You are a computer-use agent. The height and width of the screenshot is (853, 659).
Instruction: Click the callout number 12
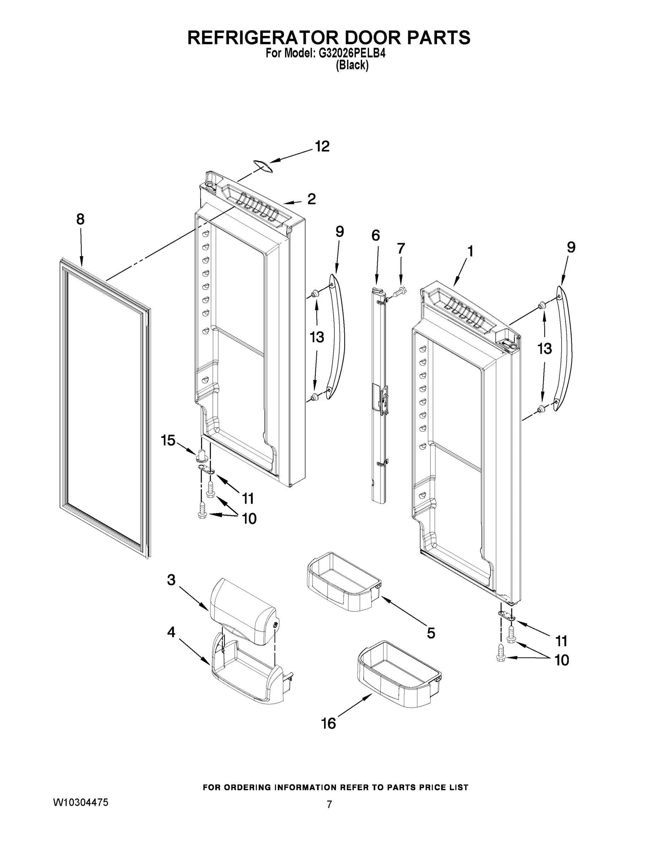coord(322,146)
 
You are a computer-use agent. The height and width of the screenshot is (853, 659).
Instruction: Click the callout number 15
coord(168,441)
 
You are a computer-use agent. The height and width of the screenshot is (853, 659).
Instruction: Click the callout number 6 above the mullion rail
coord(375,236)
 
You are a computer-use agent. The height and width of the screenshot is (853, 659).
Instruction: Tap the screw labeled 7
coord(401,290)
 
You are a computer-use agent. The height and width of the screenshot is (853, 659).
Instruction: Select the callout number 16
coord(328,723)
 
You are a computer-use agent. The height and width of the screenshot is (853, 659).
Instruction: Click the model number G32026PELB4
coord(352,54)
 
